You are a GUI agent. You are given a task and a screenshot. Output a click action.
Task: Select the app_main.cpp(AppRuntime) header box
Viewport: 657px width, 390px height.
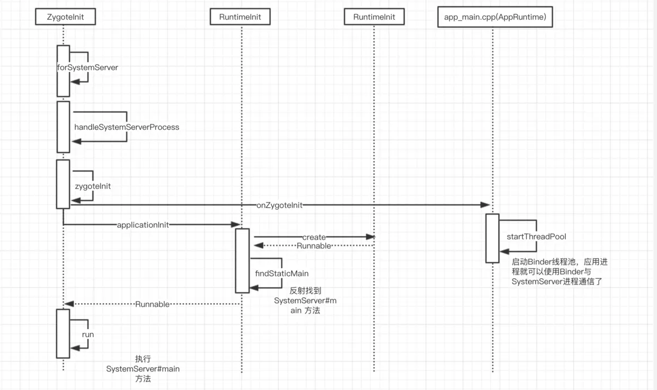[495, 17]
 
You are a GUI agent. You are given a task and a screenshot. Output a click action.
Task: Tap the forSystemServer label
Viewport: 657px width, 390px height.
[87, 68]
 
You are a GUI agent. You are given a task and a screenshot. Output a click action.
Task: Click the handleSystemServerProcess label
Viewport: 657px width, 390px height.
[127, 127]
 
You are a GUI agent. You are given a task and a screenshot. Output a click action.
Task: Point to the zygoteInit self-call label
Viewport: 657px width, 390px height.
[93, 187]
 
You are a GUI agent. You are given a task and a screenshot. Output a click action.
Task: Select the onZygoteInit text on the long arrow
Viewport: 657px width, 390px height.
[279, 206]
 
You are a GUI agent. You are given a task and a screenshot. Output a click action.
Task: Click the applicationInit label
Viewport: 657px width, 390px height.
[143, 225]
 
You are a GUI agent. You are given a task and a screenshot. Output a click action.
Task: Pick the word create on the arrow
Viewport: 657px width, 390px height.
[314, 237]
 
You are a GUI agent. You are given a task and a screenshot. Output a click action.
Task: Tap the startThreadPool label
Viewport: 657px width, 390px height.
[536, 237]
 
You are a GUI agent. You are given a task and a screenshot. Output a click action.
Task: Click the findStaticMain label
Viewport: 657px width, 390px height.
[282, 273]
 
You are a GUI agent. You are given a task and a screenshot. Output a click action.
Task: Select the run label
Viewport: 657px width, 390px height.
[88, 335]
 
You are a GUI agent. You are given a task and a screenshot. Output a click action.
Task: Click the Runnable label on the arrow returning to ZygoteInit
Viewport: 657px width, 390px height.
[152, 304]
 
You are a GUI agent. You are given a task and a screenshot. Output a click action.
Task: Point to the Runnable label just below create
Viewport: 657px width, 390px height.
[314, 246]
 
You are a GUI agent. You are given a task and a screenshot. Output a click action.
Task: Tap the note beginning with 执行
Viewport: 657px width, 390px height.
[143, 369]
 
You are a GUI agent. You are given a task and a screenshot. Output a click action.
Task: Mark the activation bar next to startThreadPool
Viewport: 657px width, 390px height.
[492, 238]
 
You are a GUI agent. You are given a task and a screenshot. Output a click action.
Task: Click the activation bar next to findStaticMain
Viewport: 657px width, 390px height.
[242, 260]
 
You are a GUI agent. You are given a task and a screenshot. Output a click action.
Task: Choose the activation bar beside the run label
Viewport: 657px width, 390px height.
[63, 333]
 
